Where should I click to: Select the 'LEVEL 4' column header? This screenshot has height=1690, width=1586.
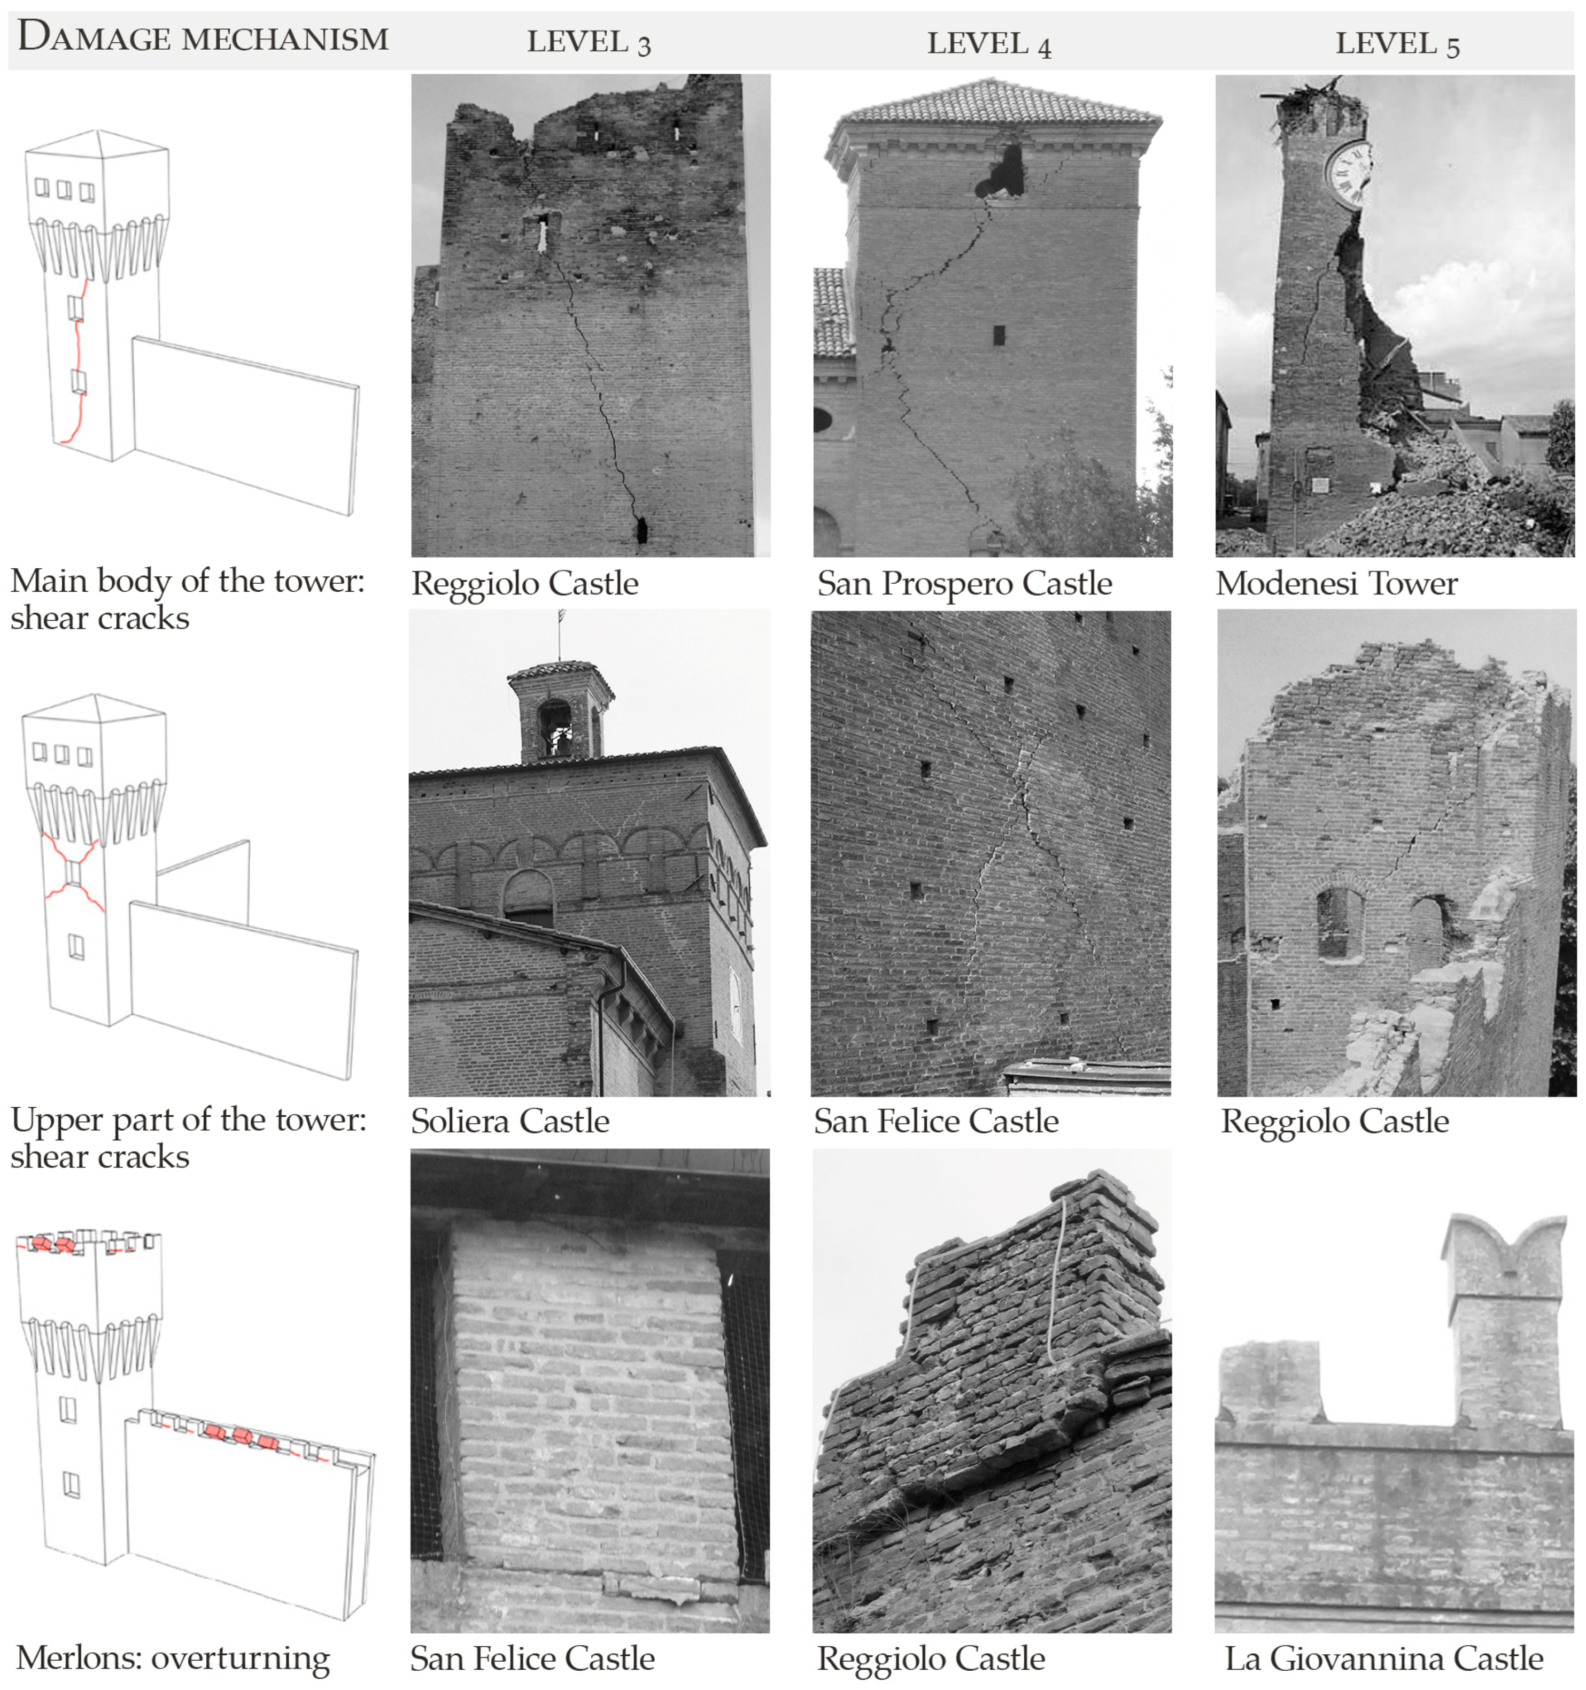click(988, 43)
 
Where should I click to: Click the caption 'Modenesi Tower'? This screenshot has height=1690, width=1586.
click(1336, 584)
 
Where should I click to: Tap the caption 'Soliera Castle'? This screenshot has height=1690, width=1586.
click(510, 1121)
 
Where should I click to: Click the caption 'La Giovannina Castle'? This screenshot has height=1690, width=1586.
click(1383, 1658)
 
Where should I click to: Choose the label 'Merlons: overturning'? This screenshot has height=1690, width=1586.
click(173, 1658)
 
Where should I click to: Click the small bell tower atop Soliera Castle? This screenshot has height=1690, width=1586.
click(559, 712)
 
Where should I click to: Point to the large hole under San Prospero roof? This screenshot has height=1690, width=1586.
click(1003, 173)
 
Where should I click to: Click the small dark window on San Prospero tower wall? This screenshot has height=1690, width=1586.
click(999, 334)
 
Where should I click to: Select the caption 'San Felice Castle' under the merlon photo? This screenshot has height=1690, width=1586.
click(532, 1658)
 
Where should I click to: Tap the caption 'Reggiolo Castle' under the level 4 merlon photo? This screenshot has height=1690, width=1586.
click(931, 1658)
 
